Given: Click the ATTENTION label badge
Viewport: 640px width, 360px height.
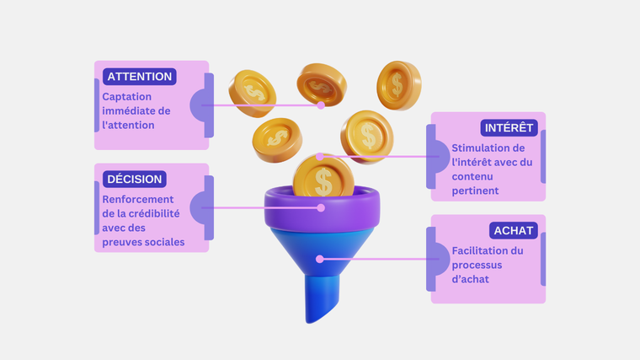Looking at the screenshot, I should [140, 77].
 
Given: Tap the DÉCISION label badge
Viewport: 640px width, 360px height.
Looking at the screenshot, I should [134, 179].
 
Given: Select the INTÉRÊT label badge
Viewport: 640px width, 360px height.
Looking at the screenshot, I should [509, 127].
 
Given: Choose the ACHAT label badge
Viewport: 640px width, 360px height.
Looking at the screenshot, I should [513, 230].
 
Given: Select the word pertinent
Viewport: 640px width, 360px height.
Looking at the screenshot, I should [475, 191].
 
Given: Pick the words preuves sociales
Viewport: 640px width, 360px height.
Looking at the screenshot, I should [143, 242].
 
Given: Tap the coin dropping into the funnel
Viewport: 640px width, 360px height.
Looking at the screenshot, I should [323, 178].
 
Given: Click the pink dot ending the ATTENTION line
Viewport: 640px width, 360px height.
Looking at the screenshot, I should [321, 105].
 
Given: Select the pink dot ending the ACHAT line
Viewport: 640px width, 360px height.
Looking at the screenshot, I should [320, 259].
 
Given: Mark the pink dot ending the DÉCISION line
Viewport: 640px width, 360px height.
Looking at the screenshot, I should [321, 207].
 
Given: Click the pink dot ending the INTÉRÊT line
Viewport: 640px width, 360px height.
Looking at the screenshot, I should [320, 156].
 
